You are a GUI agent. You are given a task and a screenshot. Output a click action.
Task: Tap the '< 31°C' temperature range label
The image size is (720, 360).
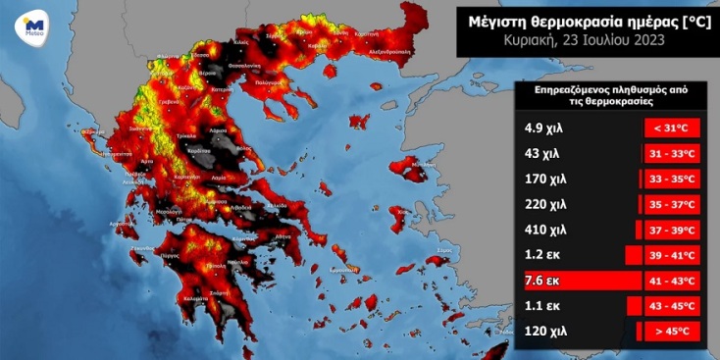point(671,128)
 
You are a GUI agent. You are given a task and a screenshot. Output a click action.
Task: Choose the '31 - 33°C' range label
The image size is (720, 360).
point(671,153)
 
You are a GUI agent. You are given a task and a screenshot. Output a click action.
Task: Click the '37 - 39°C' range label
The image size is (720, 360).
point(671,230)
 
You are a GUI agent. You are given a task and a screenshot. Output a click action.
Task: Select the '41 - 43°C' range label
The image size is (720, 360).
point(671,281)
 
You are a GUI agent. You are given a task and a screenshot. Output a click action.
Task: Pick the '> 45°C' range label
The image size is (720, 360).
point(671,332)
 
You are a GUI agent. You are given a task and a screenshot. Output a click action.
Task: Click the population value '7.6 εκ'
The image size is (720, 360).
point(539,281)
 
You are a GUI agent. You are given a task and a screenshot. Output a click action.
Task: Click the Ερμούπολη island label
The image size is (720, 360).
point(342,268)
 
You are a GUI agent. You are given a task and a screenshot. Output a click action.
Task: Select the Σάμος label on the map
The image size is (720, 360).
point(443,250)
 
